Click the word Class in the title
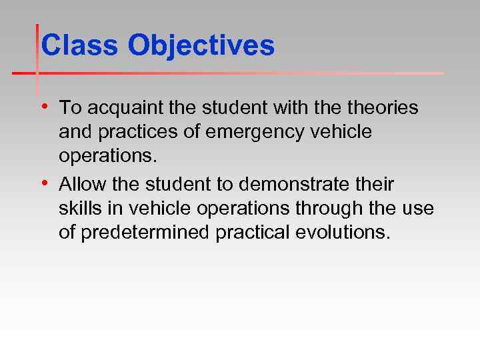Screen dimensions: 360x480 80,46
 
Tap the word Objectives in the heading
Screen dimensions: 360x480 201,46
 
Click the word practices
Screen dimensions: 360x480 139,133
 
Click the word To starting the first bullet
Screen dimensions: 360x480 69,107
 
